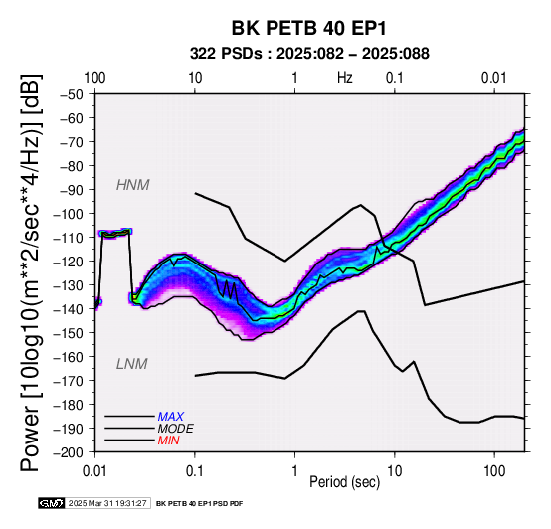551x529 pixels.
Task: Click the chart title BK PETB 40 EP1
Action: [x=308, y=28]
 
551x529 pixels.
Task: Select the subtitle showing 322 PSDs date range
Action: [x=309, y=54]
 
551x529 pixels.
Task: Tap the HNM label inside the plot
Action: [x=133, y=185]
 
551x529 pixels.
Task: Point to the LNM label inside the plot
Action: [x=131, y=364]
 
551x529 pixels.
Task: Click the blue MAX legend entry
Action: [x=170, y=417]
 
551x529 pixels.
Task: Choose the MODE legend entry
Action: [x=175, y=429]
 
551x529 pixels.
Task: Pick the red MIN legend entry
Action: [x=168, y=441]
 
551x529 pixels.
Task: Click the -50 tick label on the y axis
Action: [x=72, y=94]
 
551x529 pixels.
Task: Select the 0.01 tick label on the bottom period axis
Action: [x=94, y=471]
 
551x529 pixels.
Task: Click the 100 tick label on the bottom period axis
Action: [x=494, y=471]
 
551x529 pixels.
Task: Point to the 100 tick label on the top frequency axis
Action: [x=94, y=78]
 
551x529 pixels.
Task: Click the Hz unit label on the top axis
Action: [x=345, y=78]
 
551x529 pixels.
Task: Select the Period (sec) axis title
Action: [x=345, y=482]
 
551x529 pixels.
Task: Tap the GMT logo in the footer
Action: [x=52, y=503]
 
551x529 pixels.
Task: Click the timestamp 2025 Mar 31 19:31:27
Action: [x=107, y=503]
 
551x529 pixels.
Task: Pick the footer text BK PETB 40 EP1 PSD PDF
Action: [x=199, y=504]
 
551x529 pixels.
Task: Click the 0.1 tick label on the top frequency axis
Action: [x=395, y=78]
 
